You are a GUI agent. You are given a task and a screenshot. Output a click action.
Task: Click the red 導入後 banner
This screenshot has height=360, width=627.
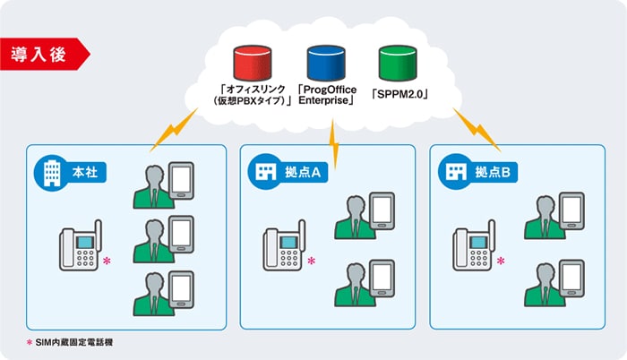tap(44, 54)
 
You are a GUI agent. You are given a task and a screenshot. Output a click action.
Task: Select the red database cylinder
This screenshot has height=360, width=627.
tap(253, 64)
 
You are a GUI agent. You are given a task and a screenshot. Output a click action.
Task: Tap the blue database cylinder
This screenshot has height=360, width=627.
tap(326, 64)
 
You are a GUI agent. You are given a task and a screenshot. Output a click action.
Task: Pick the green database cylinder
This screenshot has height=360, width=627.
tap(398, 64)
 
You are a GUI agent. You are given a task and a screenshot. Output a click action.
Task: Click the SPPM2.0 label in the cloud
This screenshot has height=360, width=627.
tap(399, 94)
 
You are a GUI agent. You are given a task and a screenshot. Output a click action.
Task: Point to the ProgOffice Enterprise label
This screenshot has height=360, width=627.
tap(327, 95)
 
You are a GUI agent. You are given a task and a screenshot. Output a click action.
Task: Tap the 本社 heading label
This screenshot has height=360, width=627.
tap(85, 172)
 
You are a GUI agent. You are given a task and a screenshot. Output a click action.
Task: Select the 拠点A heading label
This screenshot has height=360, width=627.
tap(303, 172)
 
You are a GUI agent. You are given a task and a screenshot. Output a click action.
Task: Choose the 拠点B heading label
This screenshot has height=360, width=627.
tap(493, 172)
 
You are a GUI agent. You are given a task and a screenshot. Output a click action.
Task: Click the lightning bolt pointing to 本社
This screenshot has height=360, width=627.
tap(174, 130)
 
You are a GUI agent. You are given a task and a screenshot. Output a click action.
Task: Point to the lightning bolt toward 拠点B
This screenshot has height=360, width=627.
tap(477, 130)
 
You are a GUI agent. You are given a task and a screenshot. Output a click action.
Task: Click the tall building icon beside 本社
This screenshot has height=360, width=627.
tap(52, 173)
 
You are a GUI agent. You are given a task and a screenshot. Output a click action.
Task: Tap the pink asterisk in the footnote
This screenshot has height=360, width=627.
tap(30, 342)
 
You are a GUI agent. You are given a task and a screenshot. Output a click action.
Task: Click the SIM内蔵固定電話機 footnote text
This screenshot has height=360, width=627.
tap(74, 342)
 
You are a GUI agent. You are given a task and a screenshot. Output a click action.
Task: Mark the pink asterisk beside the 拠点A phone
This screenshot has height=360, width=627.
tap(311, 261)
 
